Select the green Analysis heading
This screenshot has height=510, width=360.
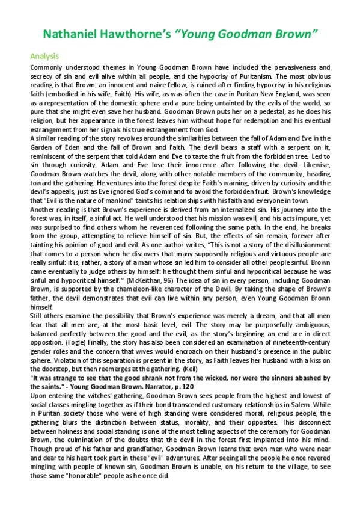click(44, 56)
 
